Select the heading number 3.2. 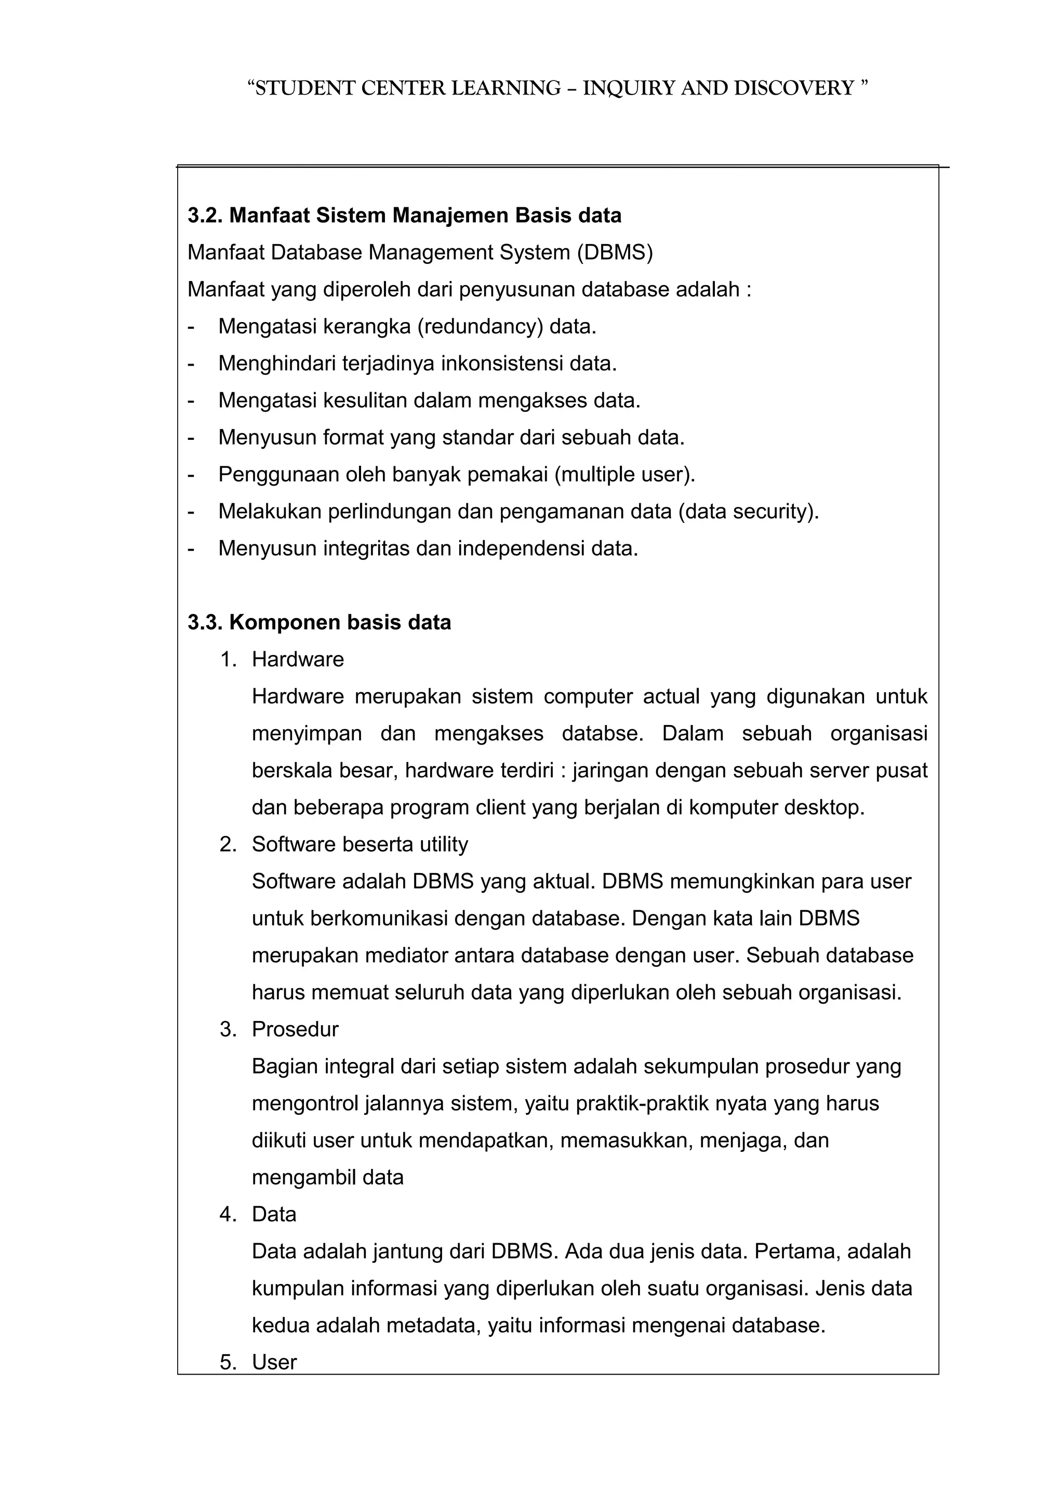tap(205, 216)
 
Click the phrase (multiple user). tap(624, 474)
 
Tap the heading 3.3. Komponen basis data tap(320, 622)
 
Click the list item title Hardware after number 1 tap(298, 660)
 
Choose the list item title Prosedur tap(295, 1029)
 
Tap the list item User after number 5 tap(274, 1362)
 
